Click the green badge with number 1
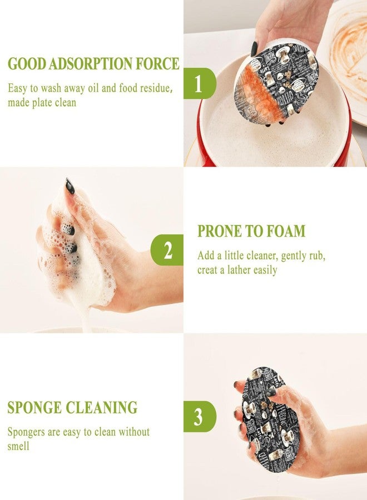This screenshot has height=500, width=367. click(x=200, y=83)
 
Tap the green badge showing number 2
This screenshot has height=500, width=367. click(x=167, y=250)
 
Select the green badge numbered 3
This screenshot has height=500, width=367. click(x=200, y=417)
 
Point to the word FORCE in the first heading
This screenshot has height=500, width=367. click(x=158, y=63)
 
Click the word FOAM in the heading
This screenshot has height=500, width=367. click(x=282, y=231)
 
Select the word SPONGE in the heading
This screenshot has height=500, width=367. click(x=34, y=408)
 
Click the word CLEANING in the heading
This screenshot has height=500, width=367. click(x=102, y=408)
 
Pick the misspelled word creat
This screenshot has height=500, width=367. click(x=208, y=270)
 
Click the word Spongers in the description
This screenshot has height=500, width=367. click(x=26, y=432)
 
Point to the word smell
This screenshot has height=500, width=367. click(x=18, y=446)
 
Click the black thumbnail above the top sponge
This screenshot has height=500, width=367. click(x=254, y=48)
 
